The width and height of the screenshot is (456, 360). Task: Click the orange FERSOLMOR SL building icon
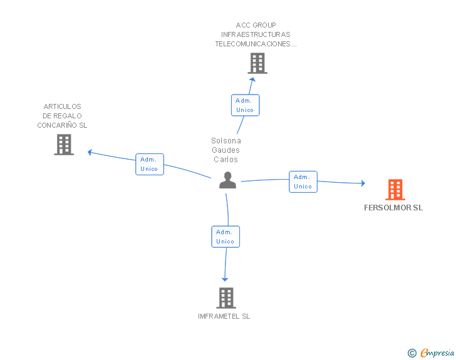(x=395, y=189)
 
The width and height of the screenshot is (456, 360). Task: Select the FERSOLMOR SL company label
(x=393, y=208)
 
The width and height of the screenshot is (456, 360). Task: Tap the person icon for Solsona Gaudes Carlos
(x=227, y=180)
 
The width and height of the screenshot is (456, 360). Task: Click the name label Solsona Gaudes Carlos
(x=226, y=150)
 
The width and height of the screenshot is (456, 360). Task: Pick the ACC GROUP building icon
(x=257, y=63)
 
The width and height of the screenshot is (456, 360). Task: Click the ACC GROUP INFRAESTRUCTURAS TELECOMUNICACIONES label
(x=256, y=35)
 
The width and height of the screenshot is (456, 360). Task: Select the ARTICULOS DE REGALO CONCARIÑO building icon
(x=64, y=145)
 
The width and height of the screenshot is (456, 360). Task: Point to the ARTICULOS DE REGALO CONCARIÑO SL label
(x=62, y=116)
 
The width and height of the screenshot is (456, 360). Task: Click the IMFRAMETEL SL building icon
(x=226, y=298)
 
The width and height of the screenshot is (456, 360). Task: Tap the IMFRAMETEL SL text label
(x=224, y=316)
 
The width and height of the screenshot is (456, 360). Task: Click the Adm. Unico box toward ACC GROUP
(x=245, y=105)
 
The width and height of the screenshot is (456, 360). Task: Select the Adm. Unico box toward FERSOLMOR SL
(x=303, y=182)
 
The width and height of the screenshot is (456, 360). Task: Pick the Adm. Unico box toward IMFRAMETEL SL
(x=225, y=237)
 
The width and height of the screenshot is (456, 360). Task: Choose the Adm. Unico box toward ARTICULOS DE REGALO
(x=150, y=164)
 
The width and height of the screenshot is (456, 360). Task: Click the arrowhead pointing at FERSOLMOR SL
(x=362, y=183)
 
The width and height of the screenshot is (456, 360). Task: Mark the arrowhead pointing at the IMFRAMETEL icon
(x=225, y=279)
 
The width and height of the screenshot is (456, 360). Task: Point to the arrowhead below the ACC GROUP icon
(x=252, y=80)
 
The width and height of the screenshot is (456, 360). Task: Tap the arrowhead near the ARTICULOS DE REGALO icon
(x=90, y=152)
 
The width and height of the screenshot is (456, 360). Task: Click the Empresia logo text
(x=437, y=353)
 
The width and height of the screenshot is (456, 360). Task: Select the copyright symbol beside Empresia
(x=412, y=353)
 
